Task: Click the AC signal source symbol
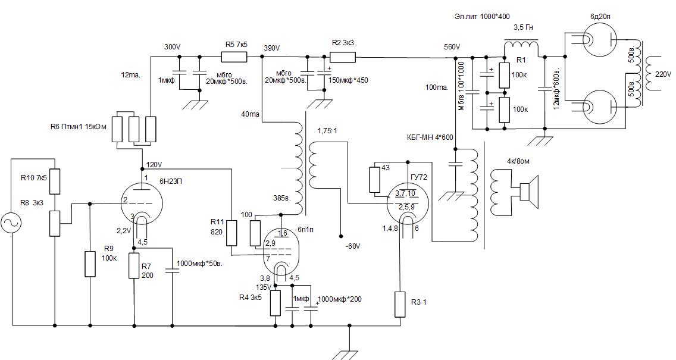click(x=11, y=224)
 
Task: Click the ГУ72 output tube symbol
click(x=408, y=202)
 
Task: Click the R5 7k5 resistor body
click(x=234, y=57)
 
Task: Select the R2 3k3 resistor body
click(x=342, y=57)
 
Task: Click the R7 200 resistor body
click(x=134, y=265)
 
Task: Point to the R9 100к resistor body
click(x=90, y=264)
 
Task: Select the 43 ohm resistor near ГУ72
click(x=375, y=180)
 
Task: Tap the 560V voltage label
click(x=452, y=48)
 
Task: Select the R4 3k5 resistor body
click(x=276, y=303)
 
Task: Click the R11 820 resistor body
click(x=232, y=233)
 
